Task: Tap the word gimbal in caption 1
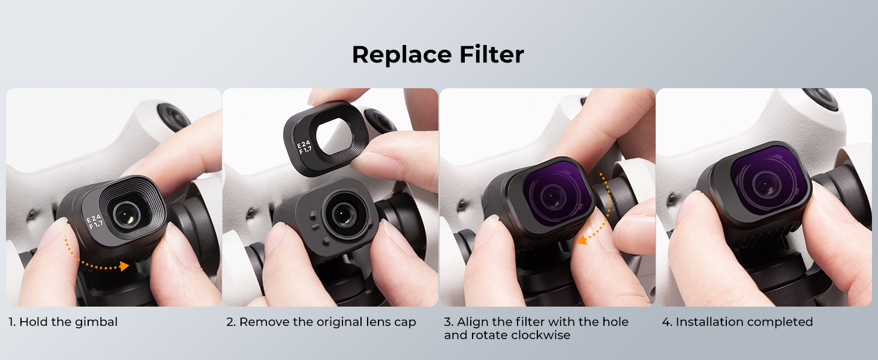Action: tap(96, 323)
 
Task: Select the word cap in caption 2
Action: tap(405, 323)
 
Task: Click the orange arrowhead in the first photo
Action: tap(124, 266)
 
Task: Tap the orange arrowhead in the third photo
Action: tap(582, 239)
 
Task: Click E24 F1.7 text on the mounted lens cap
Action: tap(95, 221)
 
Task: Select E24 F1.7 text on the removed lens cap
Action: tap(304, 146)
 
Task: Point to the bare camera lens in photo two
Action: tap(344, 215)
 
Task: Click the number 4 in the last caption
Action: tap(665, 322)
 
